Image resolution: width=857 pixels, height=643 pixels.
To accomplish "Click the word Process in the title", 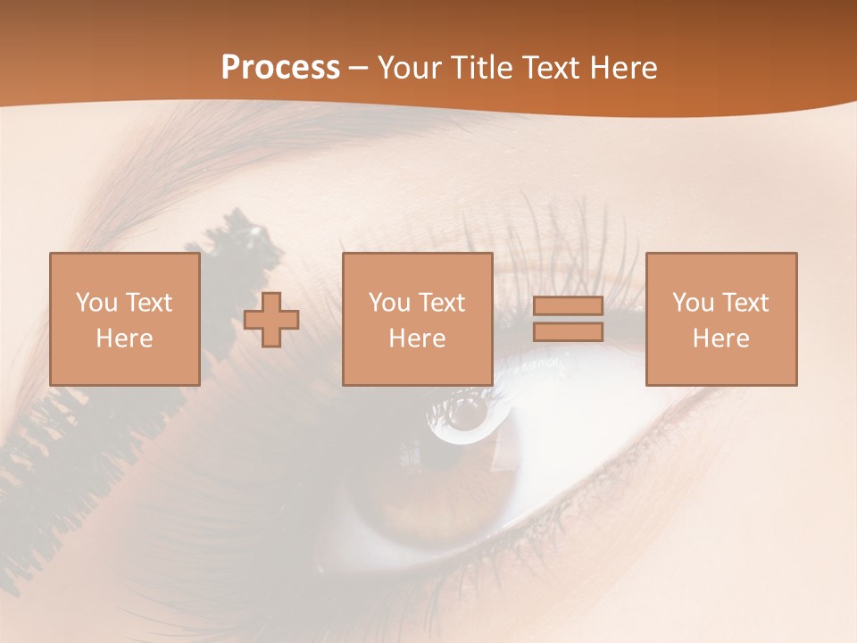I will tap(280, 68).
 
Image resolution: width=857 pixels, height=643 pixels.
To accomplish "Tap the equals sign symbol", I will tap(568, 319).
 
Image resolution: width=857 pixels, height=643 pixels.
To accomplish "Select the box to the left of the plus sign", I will tap(124, 319).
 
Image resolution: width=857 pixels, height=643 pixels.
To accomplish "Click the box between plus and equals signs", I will tap(417, 319).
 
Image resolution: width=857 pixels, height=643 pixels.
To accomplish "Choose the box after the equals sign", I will tap(720, 319).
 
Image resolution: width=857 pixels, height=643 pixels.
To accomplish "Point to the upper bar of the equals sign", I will tap(568, 306).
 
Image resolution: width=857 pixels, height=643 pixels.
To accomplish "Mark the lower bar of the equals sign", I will tap(568, 332).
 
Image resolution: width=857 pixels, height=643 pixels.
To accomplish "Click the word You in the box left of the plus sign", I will tap(96, 303).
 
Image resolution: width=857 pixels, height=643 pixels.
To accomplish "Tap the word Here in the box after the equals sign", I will tap(720, 338).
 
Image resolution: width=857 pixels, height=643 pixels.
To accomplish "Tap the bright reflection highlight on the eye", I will tap(462, 413).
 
